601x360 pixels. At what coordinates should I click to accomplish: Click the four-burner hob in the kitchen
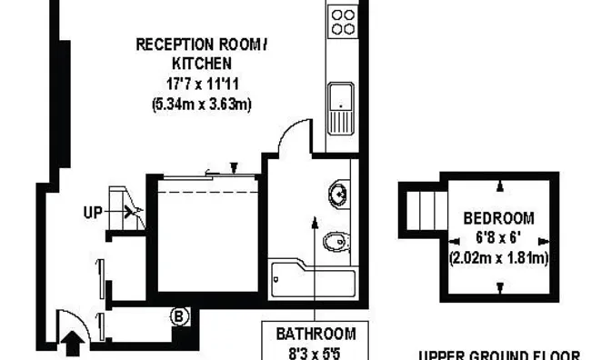[x=343, y=22]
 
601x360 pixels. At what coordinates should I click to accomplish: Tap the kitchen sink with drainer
[x=341, y=108]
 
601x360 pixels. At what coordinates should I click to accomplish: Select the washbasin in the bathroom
[x=338, y=194]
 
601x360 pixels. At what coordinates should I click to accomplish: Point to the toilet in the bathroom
[x=337, y=242]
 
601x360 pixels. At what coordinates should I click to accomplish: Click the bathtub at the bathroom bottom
[x=313, y=279]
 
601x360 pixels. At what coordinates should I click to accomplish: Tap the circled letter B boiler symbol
[x=179, y=316]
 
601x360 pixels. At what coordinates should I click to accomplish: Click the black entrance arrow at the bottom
[x=73, y=344]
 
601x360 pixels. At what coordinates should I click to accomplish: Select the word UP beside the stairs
[x=93, y=212]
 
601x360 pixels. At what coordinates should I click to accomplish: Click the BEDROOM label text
[x=498, y=218]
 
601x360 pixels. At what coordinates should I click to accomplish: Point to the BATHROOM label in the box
[x=316, y=334]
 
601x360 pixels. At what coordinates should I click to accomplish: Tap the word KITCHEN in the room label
[x=202, y=64]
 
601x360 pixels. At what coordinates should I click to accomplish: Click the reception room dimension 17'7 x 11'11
[x=203, y=84]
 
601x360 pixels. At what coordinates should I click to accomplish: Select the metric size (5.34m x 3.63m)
[x=202, y=104]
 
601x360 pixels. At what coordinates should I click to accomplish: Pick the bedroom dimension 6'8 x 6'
[x=498, y=237]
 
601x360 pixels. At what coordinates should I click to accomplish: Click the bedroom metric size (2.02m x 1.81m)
[x=498, y=257]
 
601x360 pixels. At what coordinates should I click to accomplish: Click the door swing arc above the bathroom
[x=289, y=130]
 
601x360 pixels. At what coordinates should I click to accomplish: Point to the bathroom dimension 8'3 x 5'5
[x=316, y=354]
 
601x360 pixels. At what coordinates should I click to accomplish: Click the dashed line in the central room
[x=207, y=192]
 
